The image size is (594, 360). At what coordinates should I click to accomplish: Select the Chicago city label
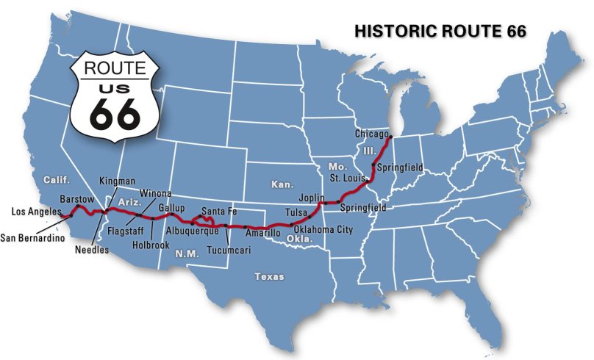[x=371, y=134]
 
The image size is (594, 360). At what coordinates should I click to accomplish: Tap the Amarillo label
[x=263, y=233]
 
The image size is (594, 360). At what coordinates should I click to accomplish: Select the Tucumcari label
[x=229, y=250]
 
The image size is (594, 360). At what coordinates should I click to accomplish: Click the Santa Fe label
[x=218, y=211]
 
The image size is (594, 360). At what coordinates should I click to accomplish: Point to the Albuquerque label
[x=193, y=231]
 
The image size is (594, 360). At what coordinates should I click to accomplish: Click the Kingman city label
[x=118, y=181]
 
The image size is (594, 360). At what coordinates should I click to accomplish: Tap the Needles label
[x=92, y=250]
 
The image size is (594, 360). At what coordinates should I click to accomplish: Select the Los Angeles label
[x=36, y=212]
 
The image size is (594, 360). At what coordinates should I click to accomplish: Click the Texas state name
[x=268, y=277]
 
